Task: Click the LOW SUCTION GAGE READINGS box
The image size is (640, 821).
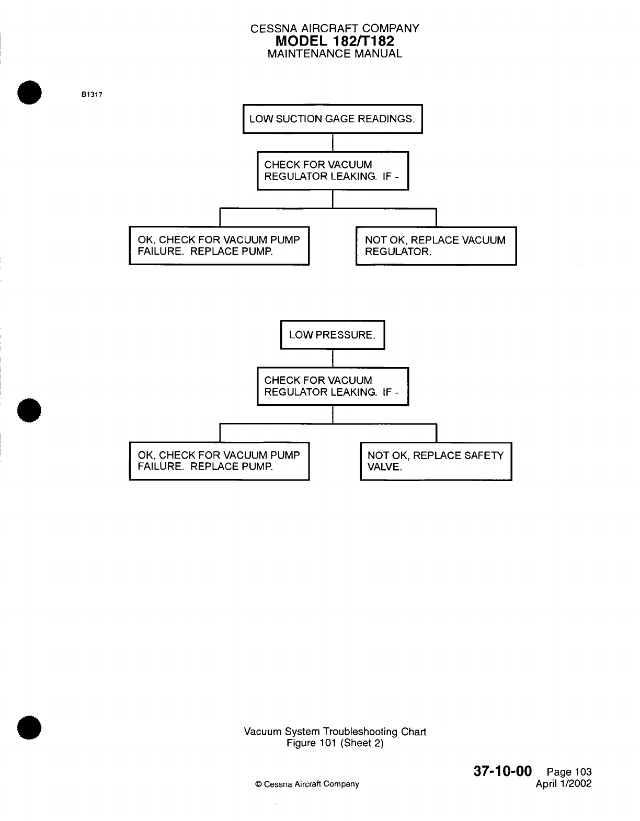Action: (x=333, y=119)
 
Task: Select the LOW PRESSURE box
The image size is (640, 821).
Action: (x=333, y=335)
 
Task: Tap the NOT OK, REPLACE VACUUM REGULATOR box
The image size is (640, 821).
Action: (x=436, y=246)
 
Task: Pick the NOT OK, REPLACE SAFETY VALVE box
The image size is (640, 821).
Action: (x=436, y=461)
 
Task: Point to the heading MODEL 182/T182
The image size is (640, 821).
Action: (x=335, y=41)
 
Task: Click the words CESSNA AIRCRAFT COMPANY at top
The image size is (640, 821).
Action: (x=335, y=29)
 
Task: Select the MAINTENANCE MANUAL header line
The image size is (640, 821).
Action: (x=335, y=54)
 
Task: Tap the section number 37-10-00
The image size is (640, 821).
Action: (x=502, y=771)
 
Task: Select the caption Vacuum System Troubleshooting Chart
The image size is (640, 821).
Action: (x=335, y=732)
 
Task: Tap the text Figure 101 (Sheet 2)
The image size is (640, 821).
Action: (x=335, y=743)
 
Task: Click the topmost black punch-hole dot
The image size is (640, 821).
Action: (x=30, y=94)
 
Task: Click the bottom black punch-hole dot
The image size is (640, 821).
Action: (x=30, y=727)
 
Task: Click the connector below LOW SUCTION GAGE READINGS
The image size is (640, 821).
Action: (x=333, y=142)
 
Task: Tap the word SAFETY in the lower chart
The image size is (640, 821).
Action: (x=484, y=455)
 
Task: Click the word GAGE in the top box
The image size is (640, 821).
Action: (x=339, y=119)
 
